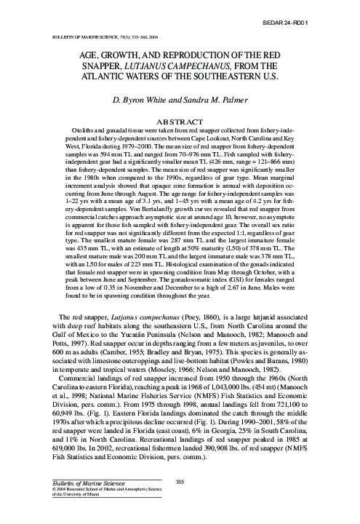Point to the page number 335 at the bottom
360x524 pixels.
point(180,480)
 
